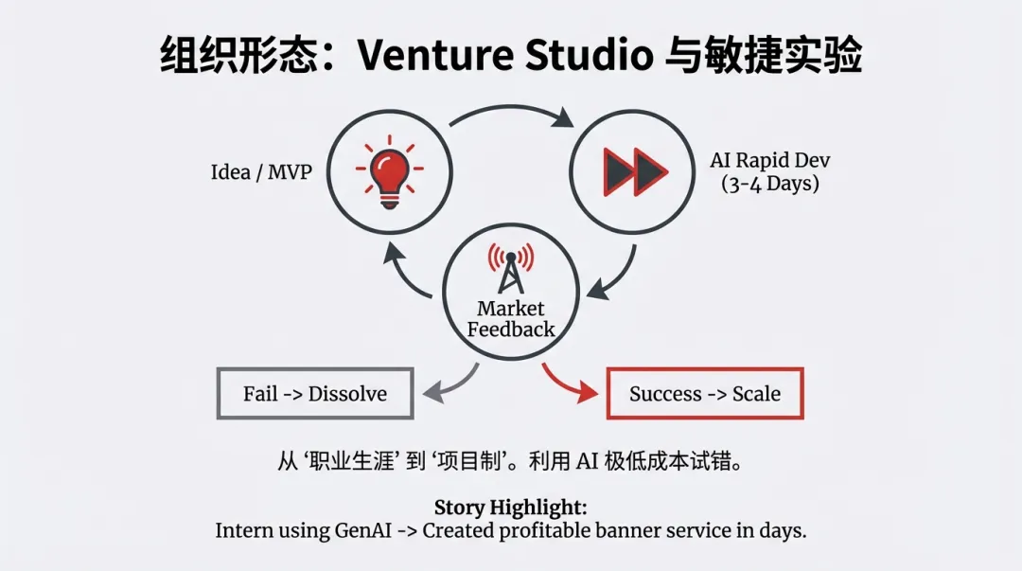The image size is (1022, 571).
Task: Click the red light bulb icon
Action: pos(389,170)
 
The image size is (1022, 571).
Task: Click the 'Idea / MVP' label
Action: pos(261,173)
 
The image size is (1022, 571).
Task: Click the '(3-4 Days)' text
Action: pos(769,184)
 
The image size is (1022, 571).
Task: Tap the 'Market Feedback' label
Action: pos(511,319)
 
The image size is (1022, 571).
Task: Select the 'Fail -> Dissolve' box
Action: pos(315,393)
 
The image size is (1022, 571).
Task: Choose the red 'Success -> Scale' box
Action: pos(705,393)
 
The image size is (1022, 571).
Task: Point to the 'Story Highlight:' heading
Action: pos(511,508)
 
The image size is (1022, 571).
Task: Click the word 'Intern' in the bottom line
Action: pos(244,530)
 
